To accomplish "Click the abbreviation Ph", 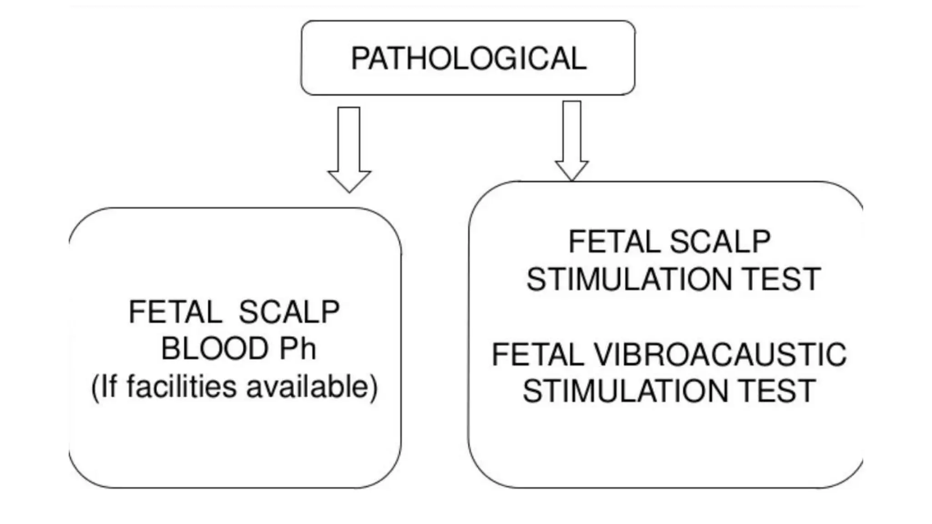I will coord(298,349).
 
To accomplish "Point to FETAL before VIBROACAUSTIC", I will coord(538,354).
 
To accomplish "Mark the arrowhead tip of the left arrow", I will coord(349,191).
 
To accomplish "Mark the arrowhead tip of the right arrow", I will coord(572,180).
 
